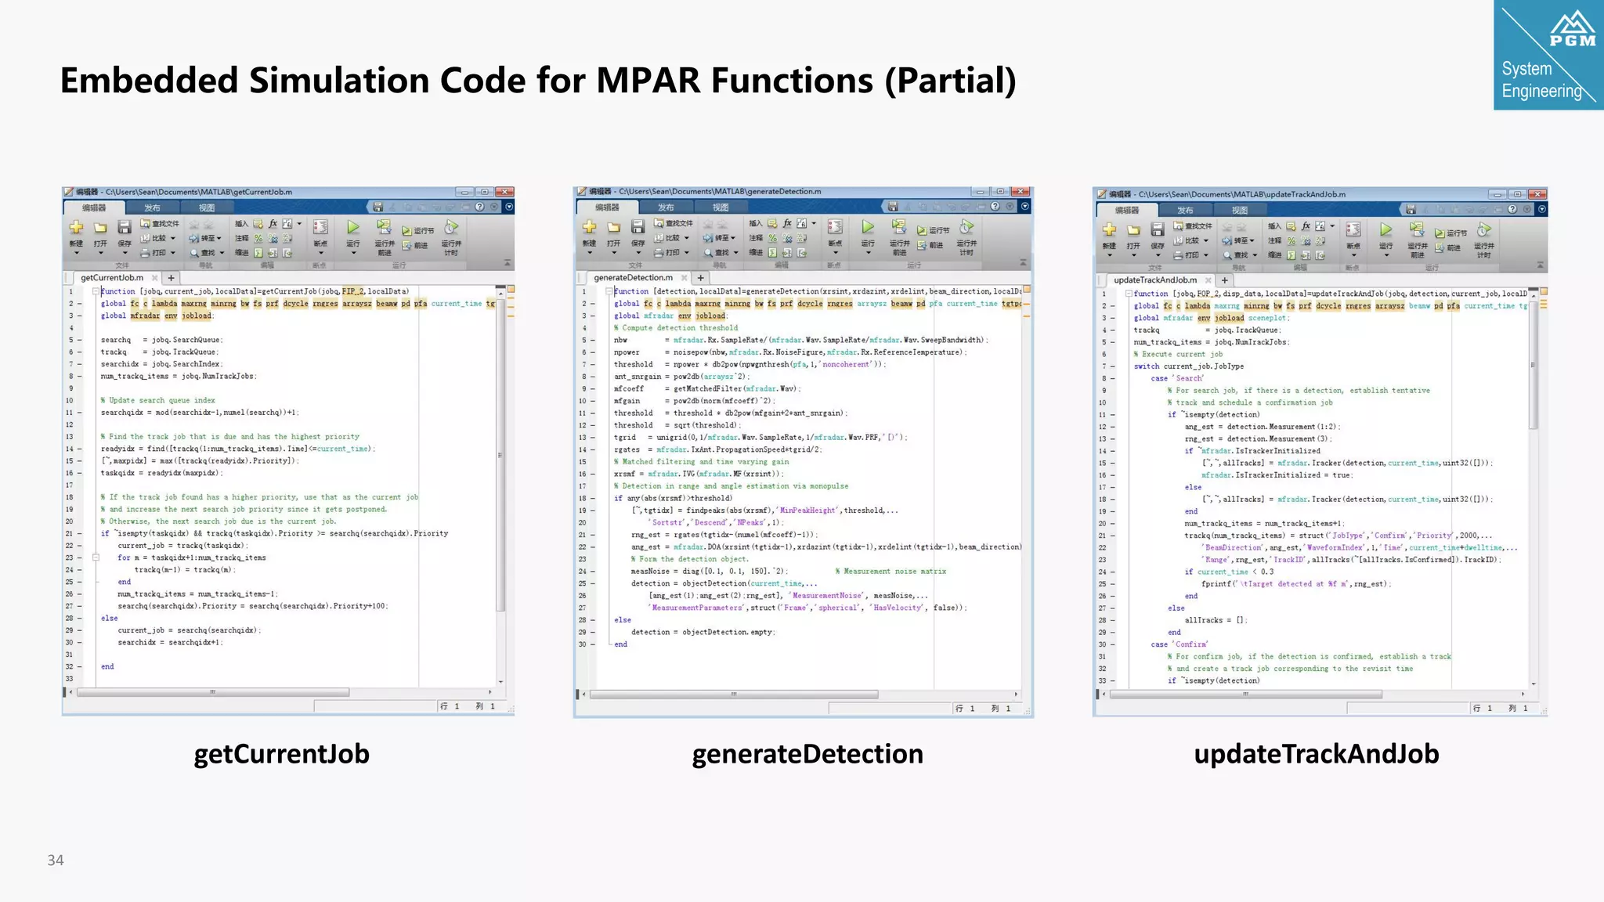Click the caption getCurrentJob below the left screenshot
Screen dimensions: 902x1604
click(281, 754)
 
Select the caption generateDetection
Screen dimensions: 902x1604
click(807, 754)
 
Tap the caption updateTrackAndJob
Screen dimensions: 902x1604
click(1316, 754)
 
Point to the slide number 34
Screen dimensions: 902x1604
click(56, 860)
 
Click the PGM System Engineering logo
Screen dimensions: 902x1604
click(1548, 55)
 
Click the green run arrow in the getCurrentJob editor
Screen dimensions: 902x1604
click(353, 227)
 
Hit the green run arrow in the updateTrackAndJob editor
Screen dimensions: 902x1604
click(1385, 229)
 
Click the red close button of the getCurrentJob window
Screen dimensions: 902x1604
click(505, 192)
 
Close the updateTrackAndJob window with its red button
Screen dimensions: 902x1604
click(1537, 194)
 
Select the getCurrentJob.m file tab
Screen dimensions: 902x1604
click(112, 278)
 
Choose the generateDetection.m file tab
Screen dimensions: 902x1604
click(633, 278)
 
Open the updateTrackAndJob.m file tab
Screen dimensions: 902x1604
click(1155, 280)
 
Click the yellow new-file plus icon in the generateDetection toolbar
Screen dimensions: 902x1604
click(590, 227)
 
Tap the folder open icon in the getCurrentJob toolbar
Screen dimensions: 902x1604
click(100, 228)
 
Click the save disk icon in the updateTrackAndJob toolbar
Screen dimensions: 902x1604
click(1158, 229)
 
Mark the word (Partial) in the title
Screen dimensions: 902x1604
click(950, 81)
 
